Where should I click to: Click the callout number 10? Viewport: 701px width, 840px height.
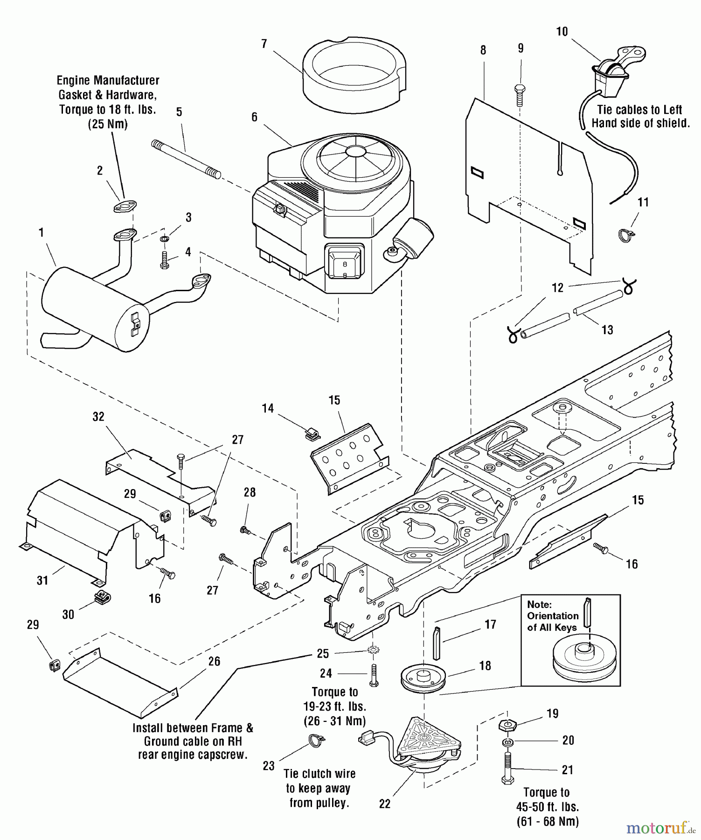point(562,31)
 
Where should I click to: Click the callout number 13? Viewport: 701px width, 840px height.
point(607,330)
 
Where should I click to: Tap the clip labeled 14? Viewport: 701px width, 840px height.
point(311,434)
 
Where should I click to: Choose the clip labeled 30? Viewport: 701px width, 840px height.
point(102,597)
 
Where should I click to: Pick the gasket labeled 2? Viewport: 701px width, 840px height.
point(125,206)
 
